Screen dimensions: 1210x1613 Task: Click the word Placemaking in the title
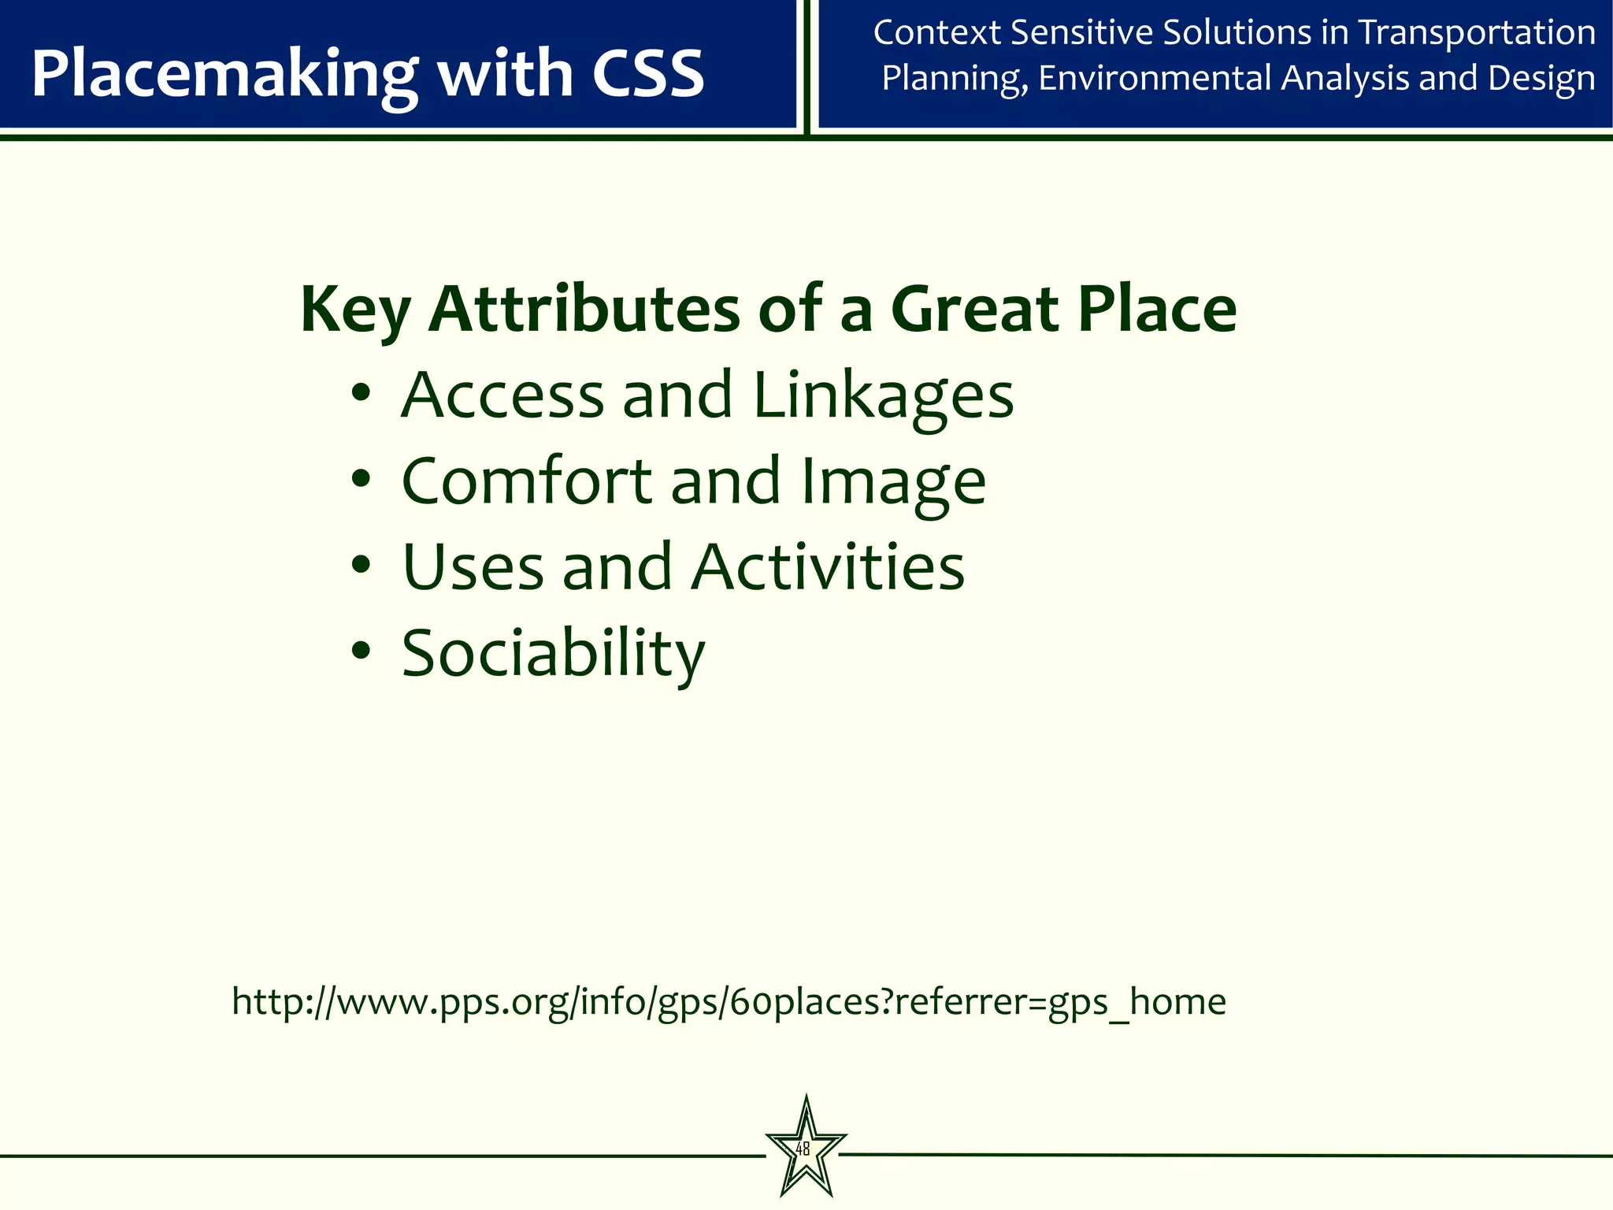click(x=223, y=74)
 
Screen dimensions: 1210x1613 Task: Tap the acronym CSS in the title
click(x=647, y=74)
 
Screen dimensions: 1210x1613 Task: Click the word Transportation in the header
click(x=1477, y=33)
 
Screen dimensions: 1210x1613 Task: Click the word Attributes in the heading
click(x=584, y=309)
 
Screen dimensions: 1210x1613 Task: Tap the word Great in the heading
click(x=974, y=309)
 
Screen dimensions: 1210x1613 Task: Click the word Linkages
click(x=883, y=395)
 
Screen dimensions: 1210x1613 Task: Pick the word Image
click(x=892, y=482)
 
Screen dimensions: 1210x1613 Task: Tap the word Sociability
click(x=553, y=654)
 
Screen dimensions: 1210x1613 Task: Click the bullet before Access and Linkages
click(x=361, y=393)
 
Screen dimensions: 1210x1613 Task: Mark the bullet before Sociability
click(x=361, y=651)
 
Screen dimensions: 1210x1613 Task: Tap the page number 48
click(x=803, y=1149)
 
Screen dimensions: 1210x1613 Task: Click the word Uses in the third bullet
click(x=472, y=567)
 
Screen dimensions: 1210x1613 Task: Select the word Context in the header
click(x=936, y=33)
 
